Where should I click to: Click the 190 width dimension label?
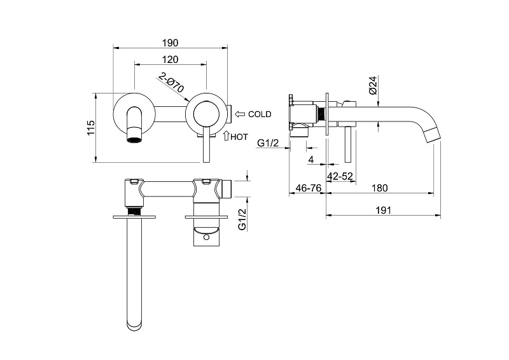tap(170, 43)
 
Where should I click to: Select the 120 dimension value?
tap(170, 60)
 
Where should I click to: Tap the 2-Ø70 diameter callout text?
tap(171, 83)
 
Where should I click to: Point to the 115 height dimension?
tap(90, 128)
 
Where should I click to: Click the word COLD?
tap(260, 114)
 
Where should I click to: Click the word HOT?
tap(239, 137)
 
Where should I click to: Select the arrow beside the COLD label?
tap(241, 114)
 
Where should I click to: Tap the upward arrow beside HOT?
tap(227, 135)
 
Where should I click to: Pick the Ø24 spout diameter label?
tap(373, 85)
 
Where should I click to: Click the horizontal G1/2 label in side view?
tap(268, 143)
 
